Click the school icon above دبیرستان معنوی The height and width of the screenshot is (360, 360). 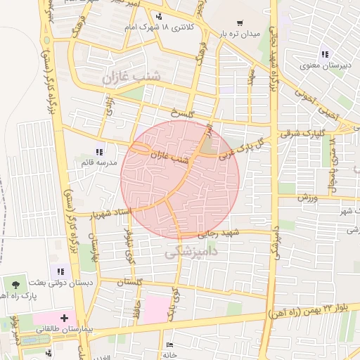pyautogui.click(x=324, y=54)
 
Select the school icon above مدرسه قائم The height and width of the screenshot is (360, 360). pyautogui.click(x=99, y=152)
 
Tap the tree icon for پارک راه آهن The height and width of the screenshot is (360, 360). pyautogui.click(x=15, y=284)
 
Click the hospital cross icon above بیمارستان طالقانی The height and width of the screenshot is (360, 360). pyautogui.click(x=65, y=319)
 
